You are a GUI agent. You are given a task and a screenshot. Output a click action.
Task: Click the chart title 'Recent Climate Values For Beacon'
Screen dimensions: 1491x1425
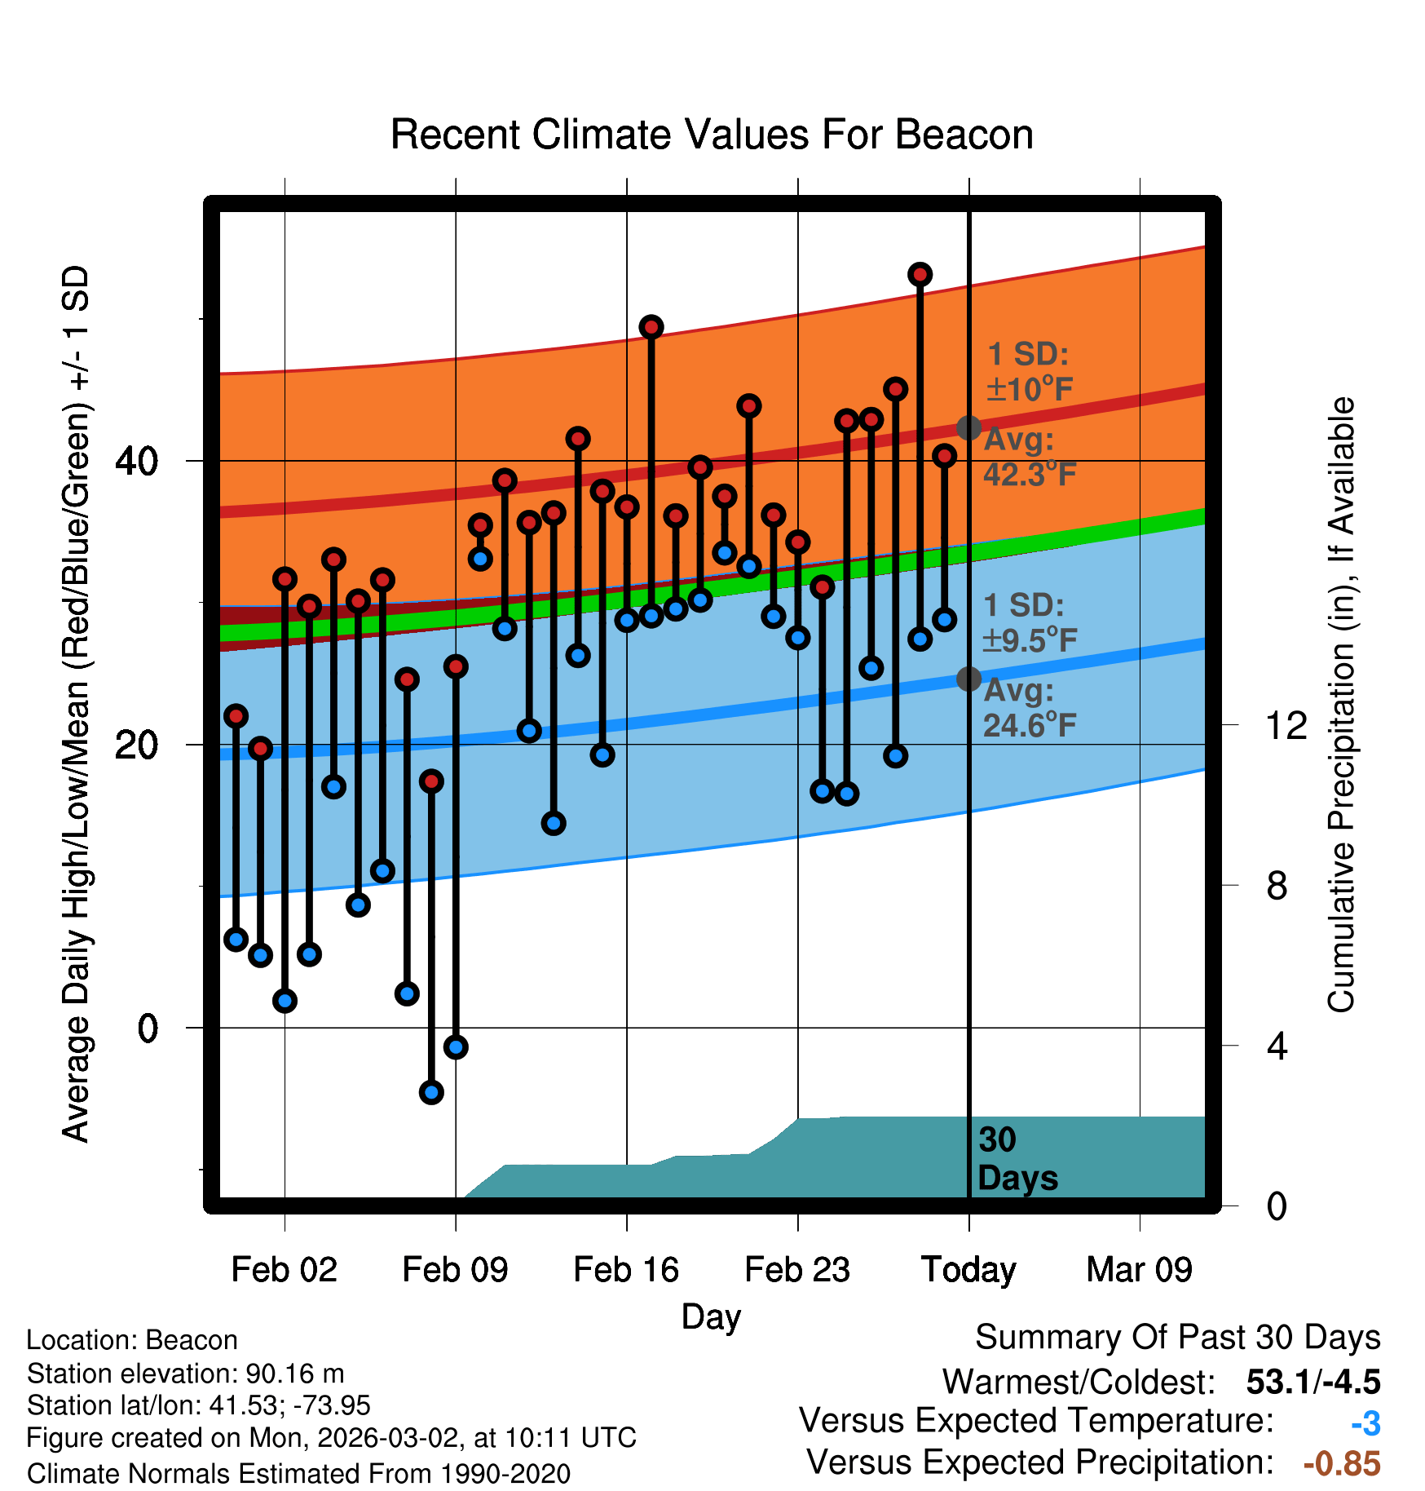712,135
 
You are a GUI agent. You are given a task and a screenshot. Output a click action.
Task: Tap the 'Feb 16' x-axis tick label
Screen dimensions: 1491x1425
626,1270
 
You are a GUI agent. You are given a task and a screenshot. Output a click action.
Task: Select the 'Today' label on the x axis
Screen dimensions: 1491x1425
968,1270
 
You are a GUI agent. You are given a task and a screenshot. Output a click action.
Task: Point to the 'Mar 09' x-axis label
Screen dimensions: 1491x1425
1139,1270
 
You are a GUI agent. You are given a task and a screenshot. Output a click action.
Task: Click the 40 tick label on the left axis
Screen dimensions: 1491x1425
136,462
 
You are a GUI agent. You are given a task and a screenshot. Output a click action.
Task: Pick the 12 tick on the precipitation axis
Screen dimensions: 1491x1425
1286,725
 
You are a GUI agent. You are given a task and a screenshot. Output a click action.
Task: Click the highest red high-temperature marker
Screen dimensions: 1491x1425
920,275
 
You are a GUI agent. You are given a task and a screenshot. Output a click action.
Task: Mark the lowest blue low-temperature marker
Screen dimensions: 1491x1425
431,1092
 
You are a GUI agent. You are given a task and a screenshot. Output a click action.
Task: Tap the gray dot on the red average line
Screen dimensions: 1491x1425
968,427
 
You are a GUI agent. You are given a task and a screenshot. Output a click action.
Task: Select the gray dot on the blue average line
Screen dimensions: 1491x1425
968,679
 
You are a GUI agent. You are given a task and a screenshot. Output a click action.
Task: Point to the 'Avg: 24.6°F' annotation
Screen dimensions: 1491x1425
1029,708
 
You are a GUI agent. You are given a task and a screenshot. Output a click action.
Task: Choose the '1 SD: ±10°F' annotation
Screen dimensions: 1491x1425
1029,372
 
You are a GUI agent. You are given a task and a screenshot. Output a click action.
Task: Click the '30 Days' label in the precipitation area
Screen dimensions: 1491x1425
1017,1159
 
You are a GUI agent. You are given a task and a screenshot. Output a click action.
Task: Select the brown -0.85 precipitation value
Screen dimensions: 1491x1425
1342,1464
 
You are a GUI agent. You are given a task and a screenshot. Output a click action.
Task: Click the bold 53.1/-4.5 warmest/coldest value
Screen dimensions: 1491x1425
1312,1382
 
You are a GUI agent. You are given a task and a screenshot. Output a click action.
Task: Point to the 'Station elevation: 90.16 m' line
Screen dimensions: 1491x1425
186,1374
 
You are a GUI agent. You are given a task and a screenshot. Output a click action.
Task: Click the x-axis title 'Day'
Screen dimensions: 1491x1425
711,1316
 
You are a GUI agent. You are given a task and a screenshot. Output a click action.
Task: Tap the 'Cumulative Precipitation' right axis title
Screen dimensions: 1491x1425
1341,706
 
